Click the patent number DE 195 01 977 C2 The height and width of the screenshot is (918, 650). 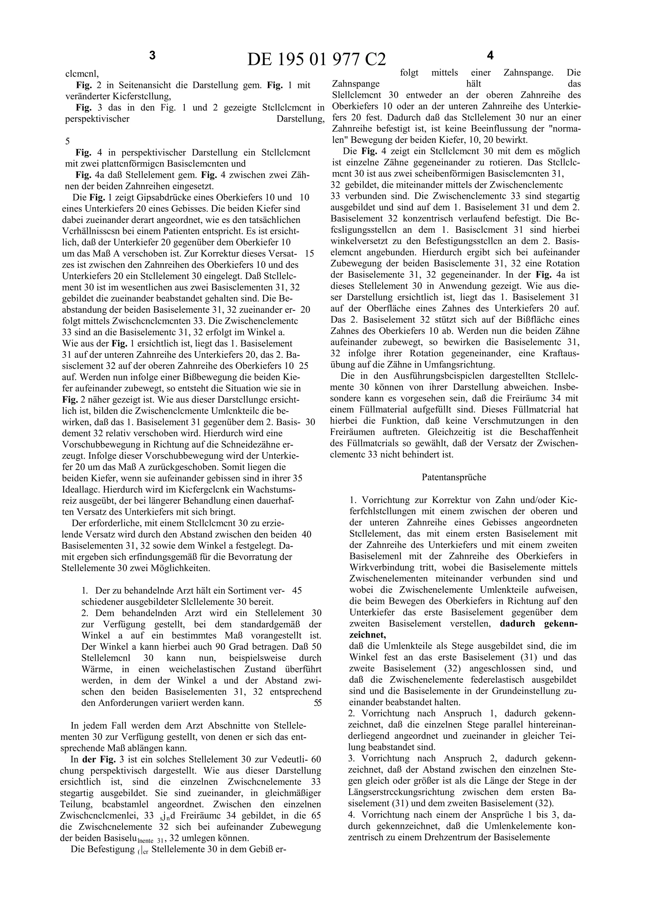tap(317, 60)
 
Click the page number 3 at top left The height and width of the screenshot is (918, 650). tap(152, 56)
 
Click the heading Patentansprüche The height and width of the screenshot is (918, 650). tap(454, 477)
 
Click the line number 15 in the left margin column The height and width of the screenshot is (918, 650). tap(309, 253)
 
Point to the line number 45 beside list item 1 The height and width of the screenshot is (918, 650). tap(297, 590)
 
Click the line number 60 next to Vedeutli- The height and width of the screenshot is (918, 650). tap(316, 759)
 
